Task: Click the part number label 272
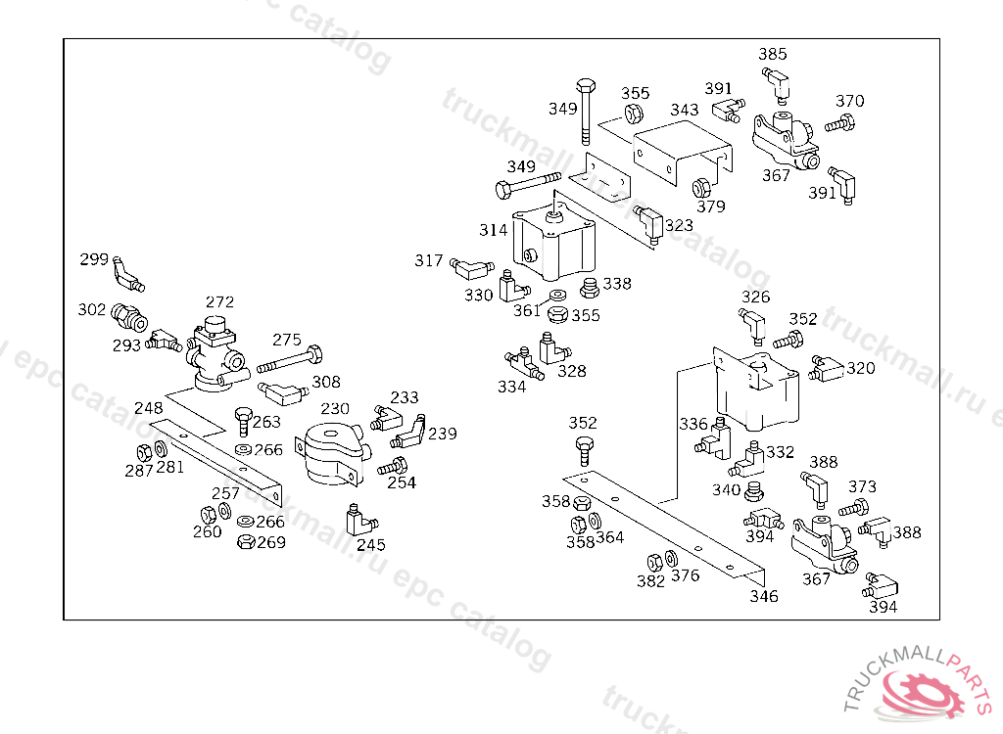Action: pyautogui.click(x=219, y=301)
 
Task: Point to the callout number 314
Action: pyautogui.click(x=494, y=230)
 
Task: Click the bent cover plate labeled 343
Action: pyautogui.click(x=683, y=153)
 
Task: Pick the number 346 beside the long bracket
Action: pyautogui.click(x=764, y=596)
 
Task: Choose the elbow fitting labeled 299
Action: pyautogui.click(x=127, y=275)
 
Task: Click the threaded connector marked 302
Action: pyautogui.click(x=128, y=317)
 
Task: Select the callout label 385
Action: pyautogui.click(x=772, y=55)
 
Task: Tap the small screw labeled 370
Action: pyautogui.click(x=839, y=125)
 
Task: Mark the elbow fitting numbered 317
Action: pyautogui.click(x=471, y=264)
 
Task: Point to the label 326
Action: pyautogui.click(x=755, y=298)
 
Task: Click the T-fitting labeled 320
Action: pyautogui.click(x=827, y=369)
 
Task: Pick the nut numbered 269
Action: pyautogui.click(x=246, y=541)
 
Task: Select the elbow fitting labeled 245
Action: pyautogui.click(x=356, y=516)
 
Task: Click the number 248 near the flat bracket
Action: pyautogui.click(x=148, y=407)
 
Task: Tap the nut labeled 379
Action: pyautogui.click(x=702, y=187)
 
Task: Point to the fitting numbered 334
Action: pyautogui.click(x=521, y=365)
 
